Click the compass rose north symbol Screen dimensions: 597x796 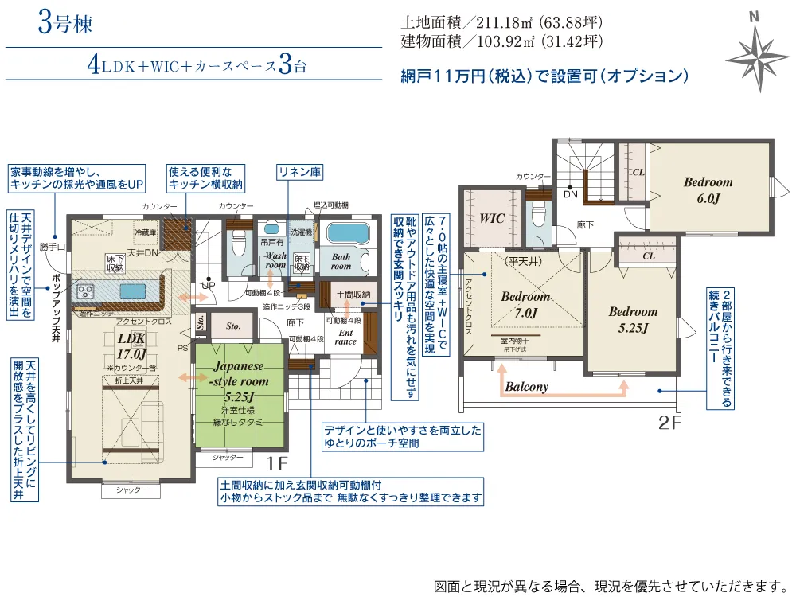click(757, 49)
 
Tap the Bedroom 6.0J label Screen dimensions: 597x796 click(708, 189)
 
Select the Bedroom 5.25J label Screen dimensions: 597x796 click(633, 319)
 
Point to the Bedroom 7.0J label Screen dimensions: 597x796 click(525, 304)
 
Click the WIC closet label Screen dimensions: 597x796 click(492, 218)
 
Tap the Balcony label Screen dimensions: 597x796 click(526, 388)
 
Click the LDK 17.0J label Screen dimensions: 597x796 click(132, 346)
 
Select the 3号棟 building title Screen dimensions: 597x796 click(65, 23)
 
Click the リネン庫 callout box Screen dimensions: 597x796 click(298, 171)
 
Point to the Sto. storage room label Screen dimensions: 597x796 click(233, 326)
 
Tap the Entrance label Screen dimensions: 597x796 click(345, 336)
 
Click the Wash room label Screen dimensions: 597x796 click(276, 260)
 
